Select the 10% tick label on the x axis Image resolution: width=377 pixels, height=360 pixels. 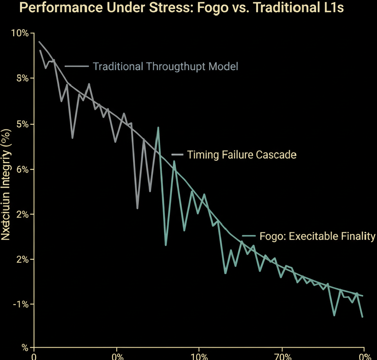point(199,356)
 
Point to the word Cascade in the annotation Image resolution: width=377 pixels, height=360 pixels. point(276,155)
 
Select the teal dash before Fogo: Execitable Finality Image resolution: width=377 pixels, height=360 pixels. point(249,236)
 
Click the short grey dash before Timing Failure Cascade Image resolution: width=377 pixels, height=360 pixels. point(177,155)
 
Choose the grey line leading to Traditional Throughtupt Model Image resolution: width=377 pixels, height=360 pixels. point(76,66)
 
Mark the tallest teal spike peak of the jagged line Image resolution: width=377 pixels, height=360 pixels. point(158,128)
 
